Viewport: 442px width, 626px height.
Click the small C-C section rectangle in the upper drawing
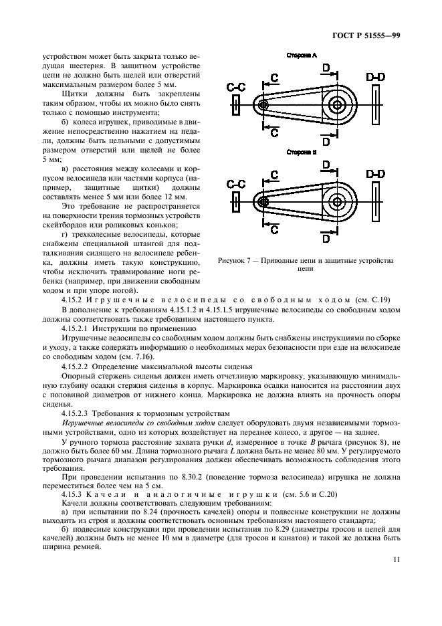(236, 105)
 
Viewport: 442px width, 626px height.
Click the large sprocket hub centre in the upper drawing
(337, 105)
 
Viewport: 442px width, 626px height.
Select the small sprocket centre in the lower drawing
(263, 201)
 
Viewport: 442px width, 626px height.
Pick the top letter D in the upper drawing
(326, 68)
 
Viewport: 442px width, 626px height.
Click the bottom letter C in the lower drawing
(274, 229)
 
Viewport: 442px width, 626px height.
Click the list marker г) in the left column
(65, 216)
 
